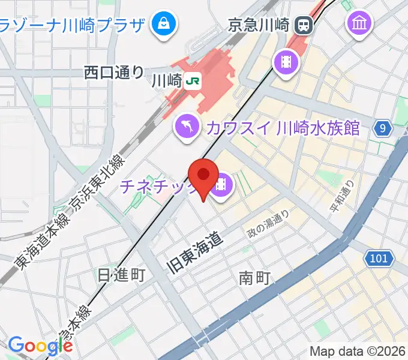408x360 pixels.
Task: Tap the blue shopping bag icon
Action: click(163, 25)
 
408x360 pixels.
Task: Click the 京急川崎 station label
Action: click(259, 25)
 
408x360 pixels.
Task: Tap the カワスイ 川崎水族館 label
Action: click(283, 127)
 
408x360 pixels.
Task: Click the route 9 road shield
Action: click(383, 127)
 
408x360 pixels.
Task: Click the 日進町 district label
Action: click(122, 275)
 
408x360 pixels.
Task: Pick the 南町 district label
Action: click(256, 278)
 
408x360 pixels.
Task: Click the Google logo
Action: click(40, 346)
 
